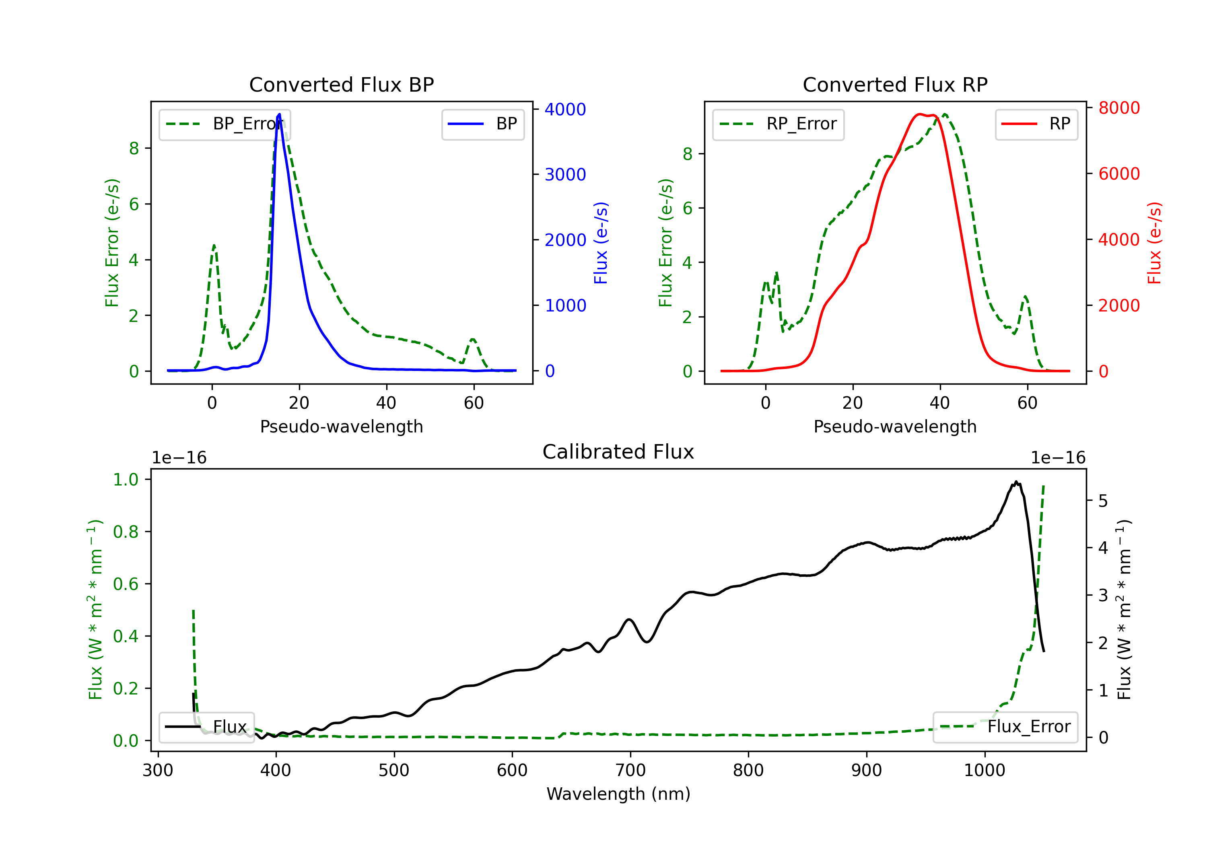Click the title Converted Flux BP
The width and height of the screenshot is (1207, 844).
[341, 84]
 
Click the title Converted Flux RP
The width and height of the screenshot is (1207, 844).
[895, 84]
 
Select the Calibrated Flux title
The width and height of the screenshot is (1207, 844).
[618, 452]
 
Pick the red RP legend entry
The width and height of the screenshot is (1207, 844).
[1036, 124]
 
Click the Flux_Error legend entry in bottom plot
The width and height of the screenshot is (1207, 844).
[1005, 727]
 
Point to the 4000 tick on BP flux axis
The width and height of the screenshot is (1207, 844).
[565, 109]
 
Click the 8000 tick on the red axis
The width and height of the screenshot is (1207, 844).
[1119, 108]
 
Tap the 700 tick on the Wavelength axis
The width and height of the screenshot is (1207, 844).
[630, 770]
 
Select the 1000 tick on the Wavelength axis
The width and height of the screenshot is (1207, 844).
[984, 770]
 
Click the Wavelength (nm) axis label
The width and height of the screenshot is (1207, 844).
[618, 794]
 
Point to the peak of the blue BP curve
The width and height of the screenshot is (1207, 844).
[279, 114]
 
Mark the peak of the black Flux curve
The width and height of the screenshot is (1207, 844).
[1015, 481]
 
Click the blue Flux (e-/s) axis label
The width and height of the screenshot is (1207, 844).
[601, 243]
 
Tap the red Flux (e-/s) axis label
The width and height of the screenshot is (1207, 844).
[1154, 243]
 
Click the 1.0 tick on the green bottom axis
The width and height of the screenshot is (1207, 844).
[126, 479]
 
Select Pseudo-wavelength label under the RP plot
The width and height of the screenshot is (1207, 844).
[895, 426]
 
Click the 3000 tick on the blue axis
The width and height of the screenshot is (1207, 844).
[565, 175]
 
